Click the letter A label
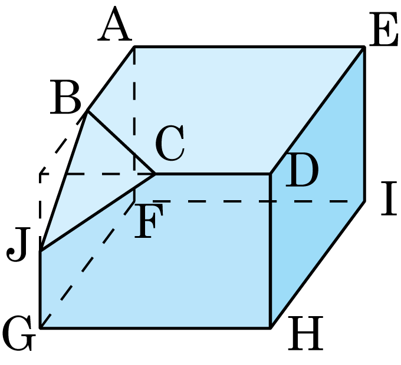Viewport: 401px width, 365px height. (x=115, y=24)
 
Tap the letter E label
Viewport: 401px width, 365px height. (x=384, y=29)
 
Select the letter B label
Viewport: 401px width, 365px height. (x=65, y=97)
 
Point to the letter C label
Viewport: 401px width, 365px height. (x=170, y=143)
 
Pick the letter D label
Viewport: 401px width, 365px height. (x=302, y=170)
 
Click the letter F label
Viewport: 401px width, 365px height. (x=149, y=221)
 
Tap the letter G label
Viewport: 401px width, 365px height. (x=19, y=333)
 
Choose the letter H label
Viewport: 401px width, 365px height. (x=306, y=333)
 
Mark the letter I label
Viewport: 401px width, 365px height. (x=389, y=198)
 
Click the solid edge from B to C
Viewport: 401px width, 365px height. (x=121, y=142)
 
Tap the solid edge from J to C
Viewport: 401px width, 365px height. (x=98, y=213)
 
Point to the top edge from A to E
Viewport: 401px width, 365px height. (x=249, y=47)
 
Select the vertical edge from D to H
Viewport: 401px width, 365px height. (x=271, y=251)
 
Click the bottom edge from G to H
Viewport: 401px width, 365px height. (x=155, y=328)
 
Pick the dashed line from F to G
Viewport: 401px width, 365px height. (x=87, y=264)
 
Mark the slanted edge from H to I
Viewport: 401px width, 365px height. (x=317, y=264)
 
